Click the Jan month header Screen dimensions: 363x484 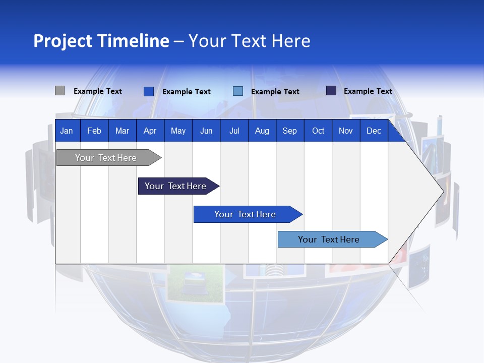click(x=67, y=131)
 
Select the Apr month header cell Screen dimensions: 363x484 click(x=150, y=131)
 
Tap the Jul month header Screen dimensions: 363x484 click(x=234, y=131)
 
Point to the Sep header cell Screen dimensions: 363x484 click(x=289, y=131)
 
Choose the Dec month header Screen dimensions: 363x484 click(x=374, y=131)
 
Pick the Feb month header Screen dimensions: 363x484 click(x=94, y=131)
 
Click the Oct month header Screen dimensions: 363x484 click(x=318, y=131)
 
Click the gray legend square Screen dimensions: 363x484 click(x=59, y=91)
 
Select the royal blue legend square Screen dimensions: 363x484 click(x=148, y=91)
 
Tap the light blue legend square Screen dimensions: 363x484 click(x=238, y=91)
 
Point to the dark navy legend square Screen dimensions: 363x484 click(x=331, y=91)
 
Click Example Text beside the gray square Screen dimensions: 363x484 click(x=98, y=91)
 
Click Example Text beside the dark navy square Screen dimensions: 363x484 click(x=368, y=91)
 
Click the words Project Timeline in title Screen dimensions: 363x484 click(x=101, y=41)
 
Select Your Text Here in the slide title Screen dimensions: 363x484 click(x=249, y=41)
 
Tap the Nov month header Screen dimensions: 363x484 click(x=346, y=131)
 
